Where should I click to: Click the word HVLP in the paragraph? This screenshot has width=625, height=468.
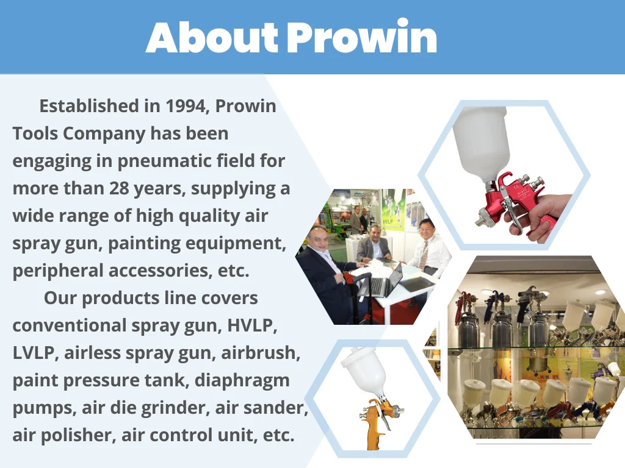coord(251,325)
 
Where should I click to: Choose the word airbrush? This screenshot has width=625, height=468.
coord(260,353)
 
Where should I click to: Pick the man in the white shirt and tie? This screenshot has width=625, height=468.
coord(428,249)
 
